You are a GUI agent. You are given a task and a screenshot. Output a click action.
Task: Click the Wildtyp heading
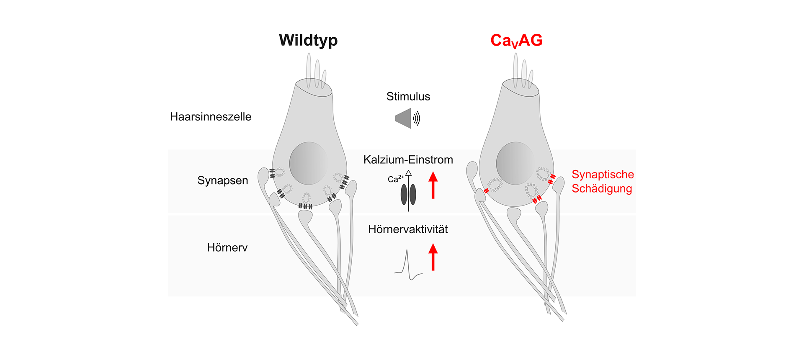[308, 40]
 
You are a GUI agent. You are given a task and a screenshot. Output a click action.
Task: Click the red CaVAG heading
[516, 41]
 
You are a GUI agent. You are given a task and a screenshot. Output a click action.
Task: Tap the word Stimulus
[408, 97]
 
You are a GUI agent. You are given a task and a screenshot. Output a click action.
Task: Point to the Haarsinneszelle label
[211, 117]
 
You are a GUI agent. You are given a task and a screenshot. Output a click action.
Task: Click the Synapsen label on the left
[223, 180]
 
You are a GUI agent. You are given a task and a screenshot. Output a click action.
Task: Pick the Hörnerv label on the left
[227, 247]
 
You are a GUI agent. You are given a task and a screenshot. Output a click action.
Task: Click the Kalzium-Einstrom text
[408, 159]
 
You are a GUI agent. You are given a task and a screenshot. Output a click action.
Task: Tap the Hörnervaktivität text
[408, 229]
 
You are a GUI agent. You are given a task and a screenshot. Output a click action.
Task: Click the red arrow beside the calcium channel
[433, 185]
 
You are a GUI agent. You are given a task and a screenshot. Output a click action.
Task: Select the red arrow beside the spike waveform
[433, 257]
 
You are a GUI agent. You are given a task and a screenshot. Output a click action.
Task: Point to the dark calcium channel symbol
[408, 195]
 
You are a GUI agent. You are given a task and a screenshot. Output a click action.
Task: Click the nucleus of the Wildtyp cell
[308, 163]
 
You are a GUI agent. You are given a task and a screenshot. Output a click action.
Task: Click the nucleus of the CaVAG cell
[515, 163]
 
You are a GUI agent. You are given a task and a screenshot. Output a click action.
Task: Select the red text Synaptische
[603, 175]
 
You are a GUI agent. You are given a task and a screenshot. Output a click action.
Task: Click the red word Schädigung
[602, 189]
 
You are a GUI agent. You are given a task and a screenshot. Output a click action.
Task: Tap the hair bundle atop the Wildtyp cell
[316, 71]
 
